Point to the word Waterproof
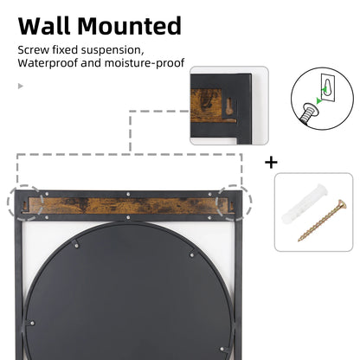[48, 63]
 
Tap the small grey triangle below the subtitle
[20, 86]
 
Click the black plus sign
[271, 162]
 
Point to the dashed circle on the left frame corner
[25, 204]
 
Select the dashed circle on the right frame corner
[235, 202]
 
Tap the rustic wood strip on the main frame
[130, 205]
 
